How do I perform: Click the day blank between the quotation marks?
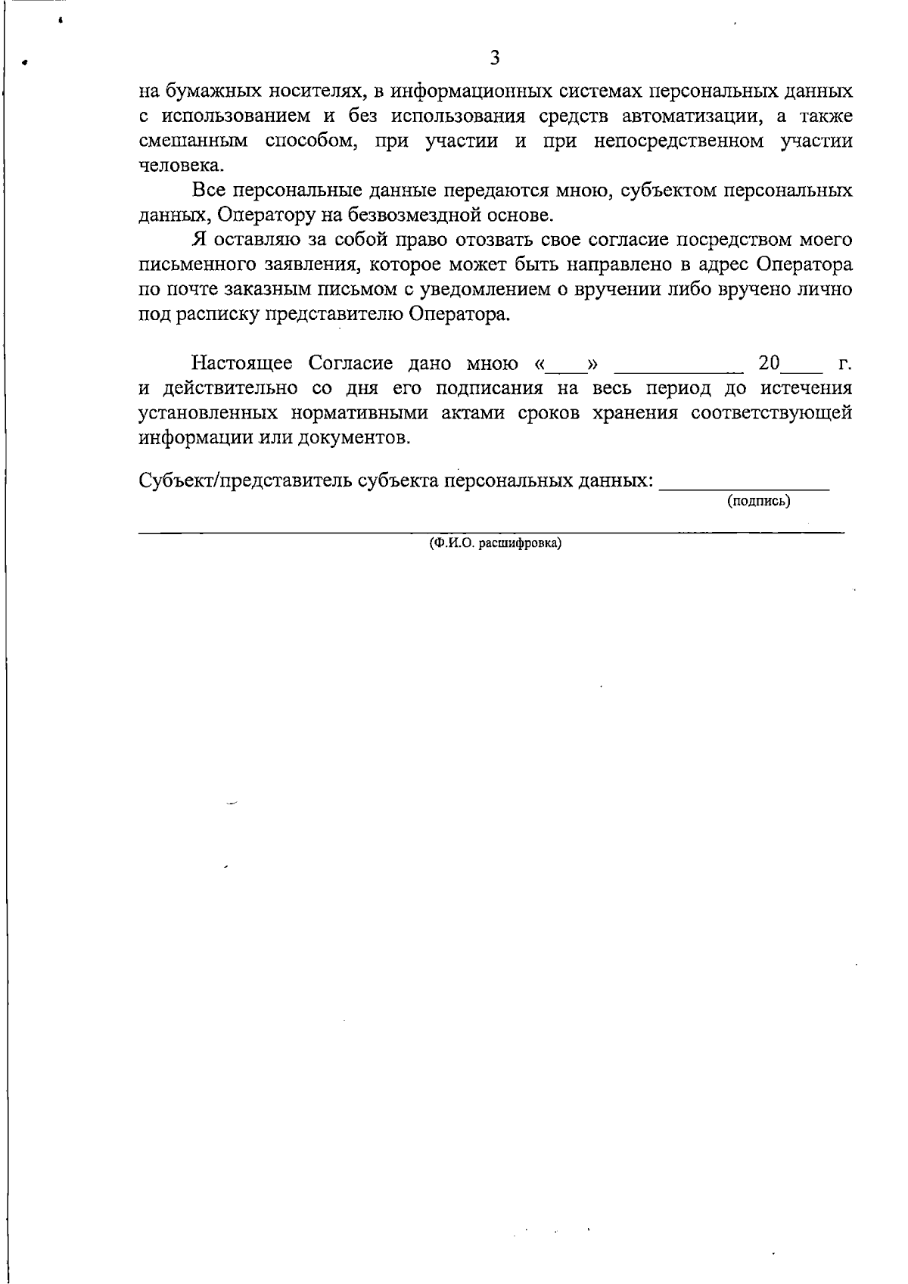(567, 369)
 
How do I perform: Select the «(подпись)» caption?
(758, 501)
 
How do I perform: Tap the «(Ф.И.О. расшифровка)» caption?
(495, 543)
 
